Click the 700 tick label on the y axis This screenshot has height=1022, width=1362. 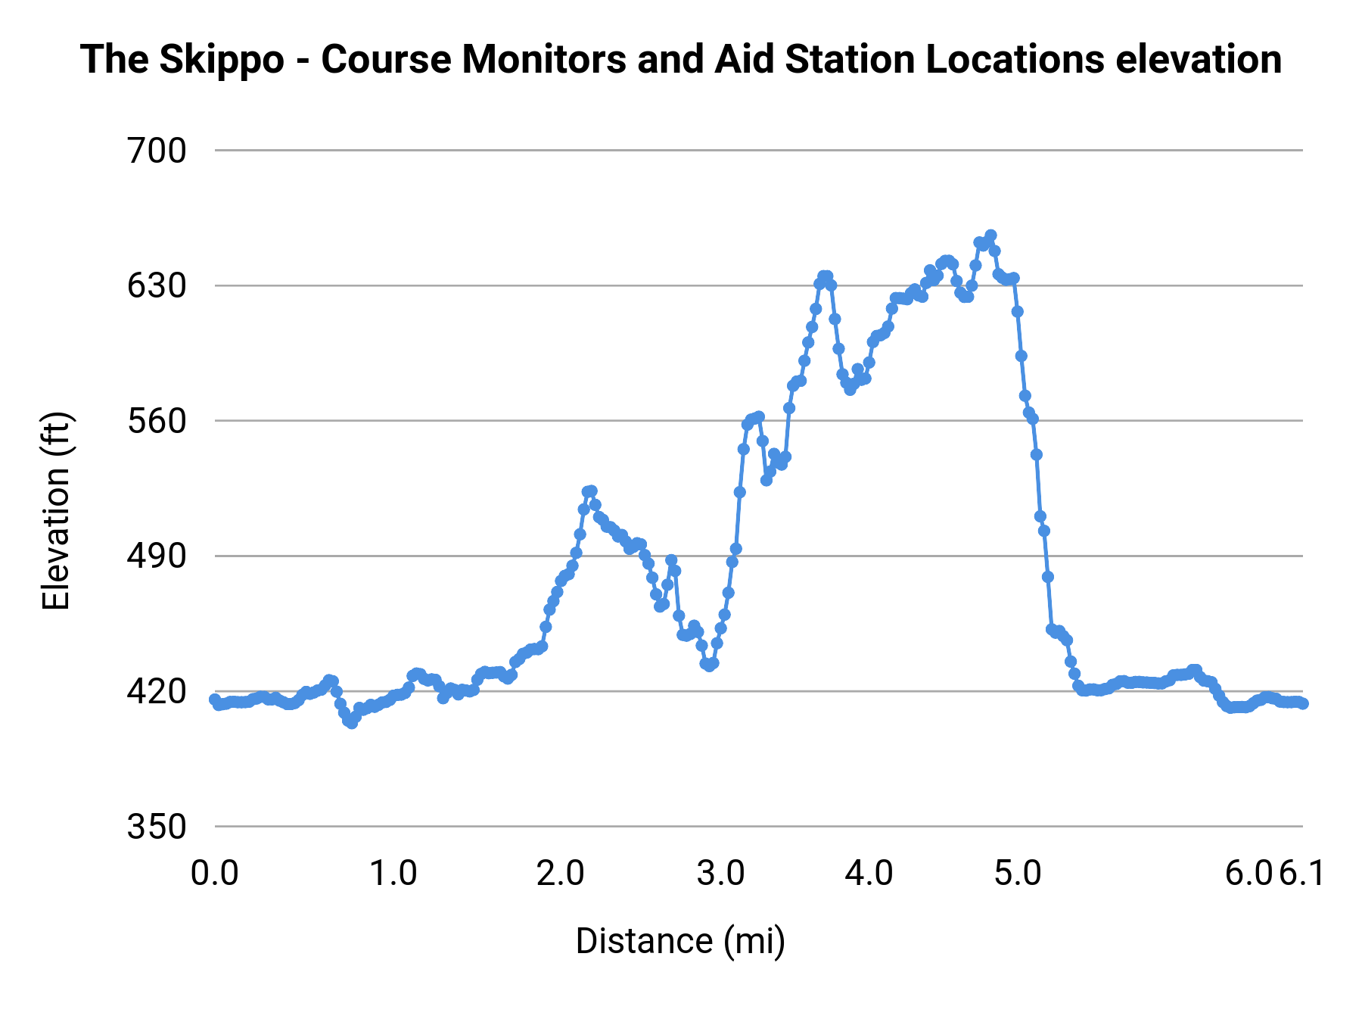point(157,151)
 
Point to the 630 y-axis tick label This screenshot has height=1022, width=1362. point(157,286)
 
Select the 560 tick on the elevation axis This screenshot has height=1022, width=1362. point(157,421)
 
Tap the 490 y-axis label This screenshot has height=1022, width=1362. point(157,556)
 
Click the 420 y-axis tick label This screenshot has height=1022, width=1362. point(157,691)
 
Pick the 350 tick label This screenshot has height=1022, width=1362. point(157,827)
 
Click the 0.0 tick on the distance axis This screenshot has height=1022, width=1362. point(215,874)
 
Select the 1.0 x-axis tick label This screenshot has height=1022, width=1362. point(393,874)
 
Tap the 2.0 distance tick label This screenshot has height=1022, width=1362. point(561,874)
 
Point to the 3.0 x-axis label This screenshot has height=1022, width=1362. point(721,874)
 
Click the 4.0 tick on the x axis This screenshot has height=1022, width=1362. point(869,874)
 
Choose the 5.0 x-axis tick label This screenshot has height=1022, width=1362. point(1018,874)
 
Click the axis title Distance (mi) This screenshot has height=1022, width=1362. point(680,941)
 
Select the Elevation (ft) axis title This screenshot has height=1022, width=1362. point(56,511)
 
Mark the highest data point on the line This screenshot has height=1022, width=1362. point(990,235)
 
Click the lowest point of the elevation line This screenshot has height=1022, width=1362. point(352,724)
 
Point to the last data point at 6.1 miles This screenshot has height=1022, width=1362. point(1303,704)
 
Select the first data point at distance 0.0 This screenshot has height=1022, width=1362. point(215,700)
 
